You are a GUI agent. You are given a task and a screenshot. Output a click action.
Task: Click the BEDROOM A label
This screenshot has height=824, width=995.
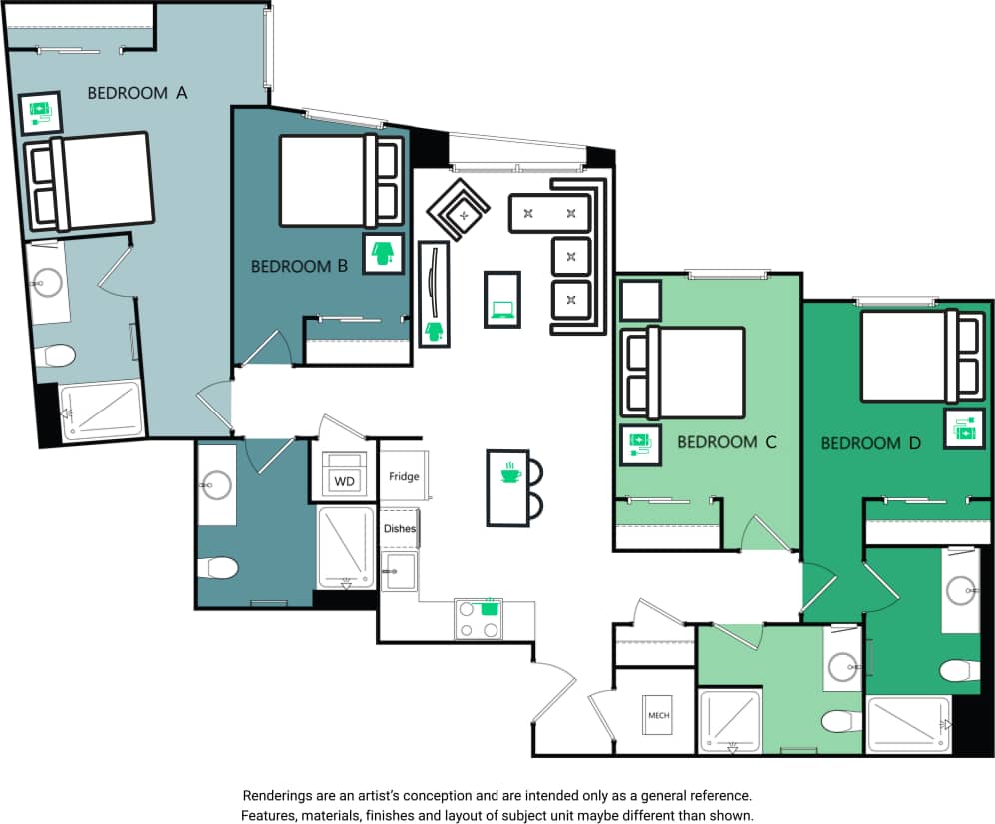(x=138, y=93)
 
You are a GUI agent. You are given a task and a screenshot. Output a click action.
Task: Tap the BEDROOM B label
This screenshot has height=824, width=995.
(x=299, y=267)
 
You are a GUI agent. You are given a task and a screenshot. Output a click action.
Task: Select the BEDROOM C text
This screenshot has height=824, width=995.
(x=726, y=441)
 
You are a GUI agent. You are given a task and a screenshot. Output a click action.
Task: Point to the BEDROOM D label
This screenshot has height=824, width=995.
(x=870, y=442)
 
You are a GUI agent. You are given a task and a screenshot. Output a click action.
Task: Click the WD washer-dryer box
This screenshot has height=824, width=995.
(x=344, y=481)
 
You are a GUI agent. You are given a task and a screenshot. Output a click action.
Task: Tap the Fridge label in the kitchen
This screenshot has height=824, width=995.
(x=404, y=476)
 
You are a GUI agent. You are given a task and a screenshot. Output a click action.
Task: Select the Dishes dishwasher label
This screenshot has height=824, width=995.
(x=399, y=529)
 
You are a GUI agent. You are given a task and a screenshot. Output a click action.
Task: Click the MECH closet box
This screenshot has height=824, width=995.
(x=658, y=716)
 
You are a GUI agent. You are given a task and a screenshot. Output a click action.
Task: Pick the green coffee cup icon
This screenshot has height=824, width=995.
(x=510, y=472)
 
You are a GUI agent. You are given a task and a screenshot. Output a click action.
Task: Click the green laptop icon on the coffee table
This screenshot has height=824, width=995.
(x=501, y=310)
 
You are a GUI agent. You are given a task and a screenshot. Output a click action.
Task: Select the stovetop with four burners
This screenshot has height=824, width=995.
(x=479, y=619)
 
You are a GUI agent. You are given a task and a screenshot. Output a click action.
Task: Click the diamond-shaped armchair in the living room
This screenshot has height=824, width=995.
(x=459, y=211)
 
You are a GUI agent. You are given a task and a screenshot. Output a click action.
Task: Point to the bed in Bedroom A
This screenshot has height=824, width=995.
(x=90, y=180)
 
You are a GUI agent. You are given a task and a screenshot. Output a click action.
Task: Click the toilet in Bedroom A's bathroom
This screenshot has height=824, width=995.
(x=55, y=356)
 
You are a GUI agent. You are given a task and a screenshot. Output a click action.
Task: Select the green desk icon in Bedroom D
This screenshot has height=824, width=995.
(x=966, y=430)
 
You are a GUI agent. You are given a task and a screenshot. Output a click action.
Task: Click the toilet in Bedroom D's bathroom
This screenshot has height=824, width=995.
(x=960, y=669)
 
